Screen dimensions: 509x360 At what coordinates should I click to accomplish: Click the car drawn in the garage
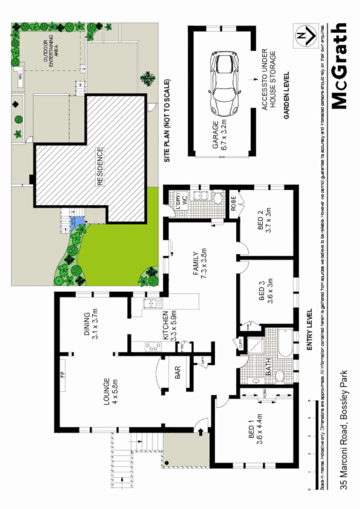pos(225,84)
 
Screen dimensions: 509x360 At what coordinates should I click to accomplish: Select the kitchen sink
pos(151,304)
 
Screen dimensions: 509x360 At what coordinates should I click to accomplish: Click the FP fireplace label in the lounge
pos(63,376)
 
